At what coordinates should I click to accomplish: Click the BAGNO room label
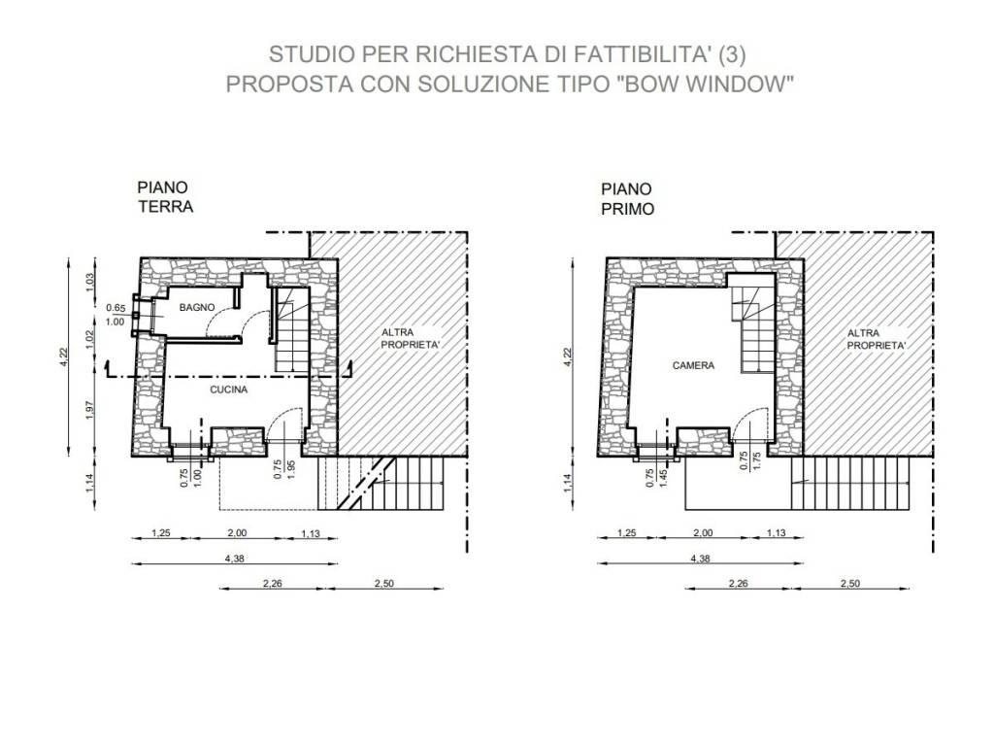click(x=196, y=308)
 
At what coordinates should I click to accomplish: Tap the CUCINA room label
click(x=229, y=390)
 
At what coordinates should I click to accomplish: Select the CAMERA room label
click(x=693, y=366)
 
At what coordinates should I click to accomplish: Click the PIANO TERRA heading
click(x=165, y=196)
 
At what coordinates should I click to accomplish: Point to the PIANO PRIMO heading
click(x=627, y=199)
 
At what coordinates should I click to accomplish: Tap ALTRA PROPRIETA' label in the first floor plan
click(x=877, y=339)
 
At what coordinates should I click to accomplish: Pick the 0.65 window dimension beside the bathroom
click(x=116, y=309)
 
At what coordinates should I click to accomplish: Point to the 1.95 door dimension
click(x=291, y=468)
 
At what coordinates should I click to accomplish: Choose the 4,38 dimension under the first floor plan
click(x=700, y=559)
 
